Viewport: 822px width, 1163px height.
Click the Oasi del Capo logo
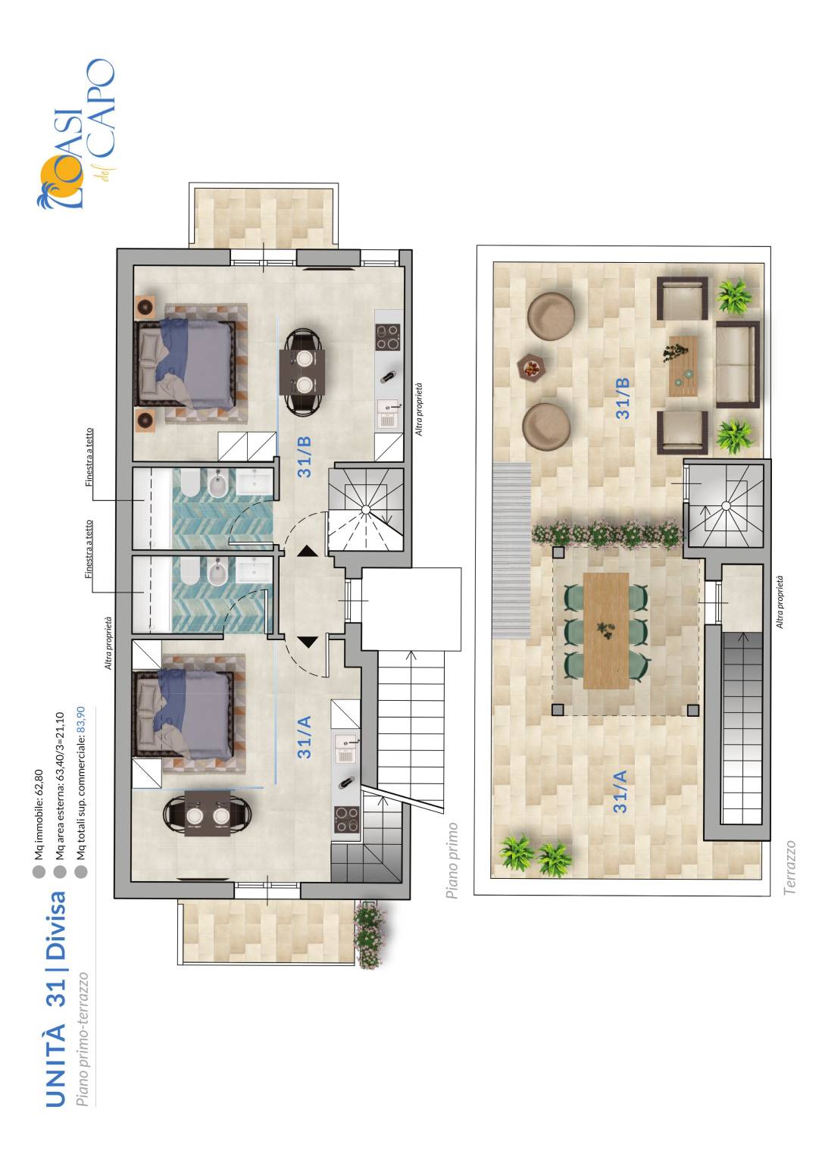click(75, 134)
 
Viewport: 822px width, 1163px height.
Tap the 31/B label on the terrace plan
click(622, 399)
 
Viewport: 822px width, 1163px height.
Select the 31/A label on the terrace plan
click(620, 791)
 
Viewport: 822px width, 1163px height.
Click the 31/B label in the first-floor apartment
click(304, 456)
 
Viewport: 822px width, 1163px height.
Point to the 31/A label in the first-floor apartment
click(304, 736)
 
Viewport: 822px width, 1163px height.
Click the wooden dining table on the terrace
click(606, 631)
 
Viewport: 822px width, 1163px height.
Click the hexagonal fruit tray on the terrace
click(531, 368)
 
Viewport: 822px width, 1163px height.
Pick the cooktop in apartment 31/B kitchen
click(388, 336)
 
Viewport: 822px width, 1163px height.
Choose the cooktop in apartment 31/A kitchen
click(346, 820)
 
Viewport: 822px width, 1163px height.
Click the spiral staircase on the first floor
click(366, 509)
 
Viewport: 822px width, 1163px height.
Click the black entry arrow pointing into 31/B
click(308, 551)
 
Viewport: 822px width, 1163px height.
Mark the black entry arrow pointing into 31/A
click(308, 642)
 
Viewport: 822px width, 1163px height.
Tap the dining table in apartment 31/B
click(302, 371)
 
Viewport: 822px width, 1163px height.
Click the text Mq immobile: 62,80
click(39, 813)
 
